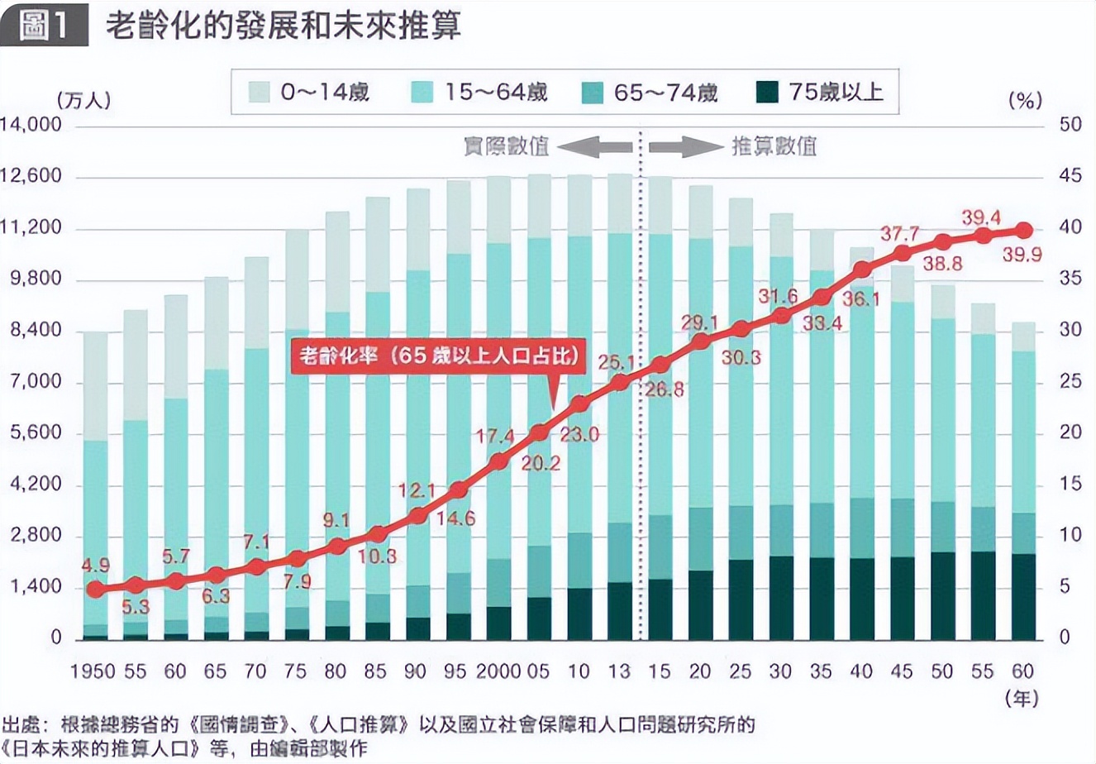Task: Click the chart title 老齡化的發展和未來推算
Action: point(283,26)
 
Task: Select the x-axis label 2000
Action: point(499,671)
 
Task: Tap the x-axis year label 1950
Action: point(93,671)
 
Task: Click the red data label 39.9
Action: point(1022,255)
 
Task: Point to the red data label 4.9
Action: point(96,566)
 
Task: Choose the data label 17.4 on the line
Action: point(496,436)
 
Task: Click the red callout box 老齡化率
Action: point(437,356)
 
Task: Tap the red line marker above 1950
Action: point(96,590)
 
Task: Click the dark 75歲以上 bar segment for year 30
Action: point(781,597)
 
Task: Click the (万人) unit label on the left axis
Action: point(83,100)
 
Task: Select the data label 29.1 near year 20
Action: point(699,322)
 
